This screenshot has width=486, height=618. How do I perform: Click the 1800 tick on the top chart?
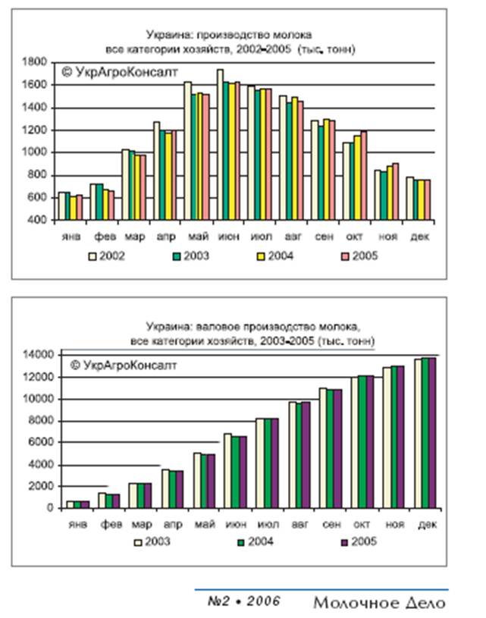click(37, 62)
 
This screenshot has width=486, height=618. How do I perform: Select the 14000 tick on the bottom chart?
click(34, 354)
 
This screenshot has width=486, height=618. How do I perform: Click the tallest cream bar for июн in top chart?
click(220, 144)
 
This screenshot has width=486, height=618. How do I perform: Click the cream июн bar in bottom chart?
click(227, 470)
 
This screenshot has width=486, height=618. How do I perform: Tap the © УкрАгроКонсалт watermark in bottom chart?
click(123, 365)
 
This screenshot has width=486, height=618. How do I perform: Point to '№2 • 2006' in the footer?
click(243, 601)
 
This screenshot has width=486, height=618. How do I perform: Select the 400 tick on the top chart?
click(40, 221)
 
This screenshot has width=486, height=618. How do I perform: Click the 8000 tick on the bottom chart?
click(37, 421)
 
